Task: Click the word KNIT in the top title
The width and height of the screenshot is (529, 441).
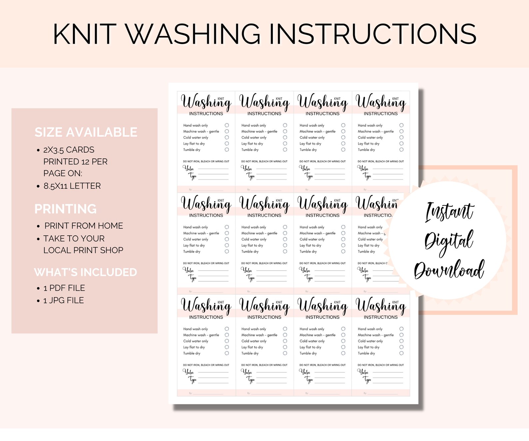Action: coord(85,34)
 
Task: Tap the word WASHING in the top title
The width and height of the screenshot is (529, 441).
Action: coord(193,34)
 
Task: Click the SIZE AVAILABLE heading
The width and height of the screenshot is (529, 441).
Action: coord(86,132)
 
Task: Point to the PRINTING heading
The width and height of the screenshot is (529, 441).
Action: coord(66,209)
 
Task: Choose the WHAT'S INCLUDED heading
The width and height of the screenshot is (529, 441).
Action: coord(86,272)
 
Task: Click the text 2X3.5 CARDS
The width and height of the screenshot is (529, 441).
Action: coord(69,150)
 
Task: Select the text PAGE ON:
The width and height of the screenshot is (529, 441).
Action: coord(63,173)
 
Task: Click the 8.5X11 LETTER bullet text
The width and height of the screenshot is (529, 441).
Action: coord(72,186)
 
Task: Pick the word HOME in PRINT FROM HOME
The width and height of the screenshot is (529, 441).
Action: coord(111,226)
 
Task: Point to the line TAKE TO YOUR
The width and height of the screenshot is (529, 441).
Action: coord(74,239)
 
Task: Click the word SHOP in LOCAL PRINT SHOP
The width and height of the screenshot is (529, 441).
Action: coord(112,250)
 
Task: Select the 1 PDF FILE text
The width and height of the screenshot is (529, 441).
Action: coord(64,288)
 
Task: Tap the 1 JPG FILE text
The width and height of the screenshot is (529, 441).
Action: coord(64,300)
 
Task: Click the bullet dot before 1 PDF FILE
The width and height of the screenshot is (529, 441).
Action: coord(38,289)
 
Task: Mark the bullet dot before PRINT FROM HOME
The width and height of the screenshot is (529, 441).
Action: coord(38,226)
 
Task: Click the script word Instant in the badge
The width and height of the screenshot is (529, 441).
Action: coord(449,212)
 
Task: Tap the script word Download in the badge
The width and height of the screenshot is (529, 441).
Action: coord(449,269)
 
